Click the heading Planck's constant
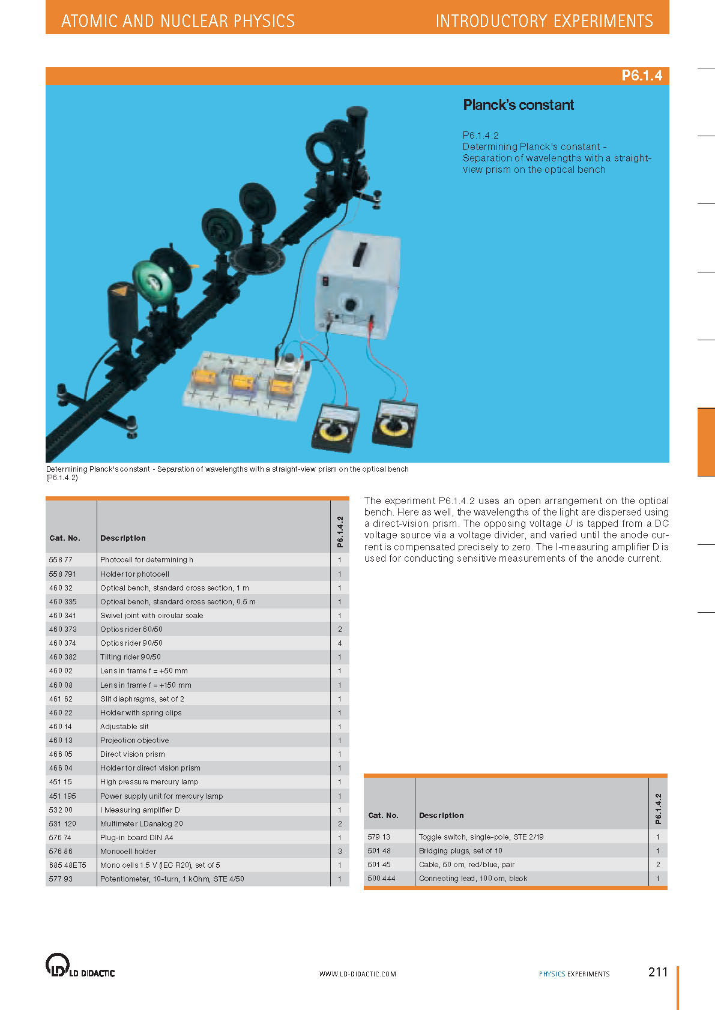coord(518,105)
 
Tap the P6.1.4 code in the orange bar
coord(641,76)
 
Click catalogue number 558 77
coord(61,560)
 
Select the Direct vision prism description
coord(133,754)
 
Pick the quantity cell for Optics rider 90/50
coord(340,643)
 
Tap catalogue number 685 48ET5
coord(67,865)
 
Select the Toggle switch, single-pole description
coord(481,837)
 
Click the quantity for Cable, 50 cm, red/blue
coord(658,865)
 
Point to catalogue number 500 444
coord(381,879)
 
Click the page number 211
coord(658,972)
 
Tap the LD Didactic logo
coord(80,966)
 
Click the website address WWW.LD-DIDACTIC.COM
coord(357,974)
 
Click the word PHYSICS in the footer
coord(552,974)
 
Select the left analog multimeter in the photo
coord(335,427)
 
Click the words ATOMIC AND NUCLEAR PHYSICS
coord(178,22)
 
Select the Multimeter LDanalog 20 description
coord(141,824)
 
